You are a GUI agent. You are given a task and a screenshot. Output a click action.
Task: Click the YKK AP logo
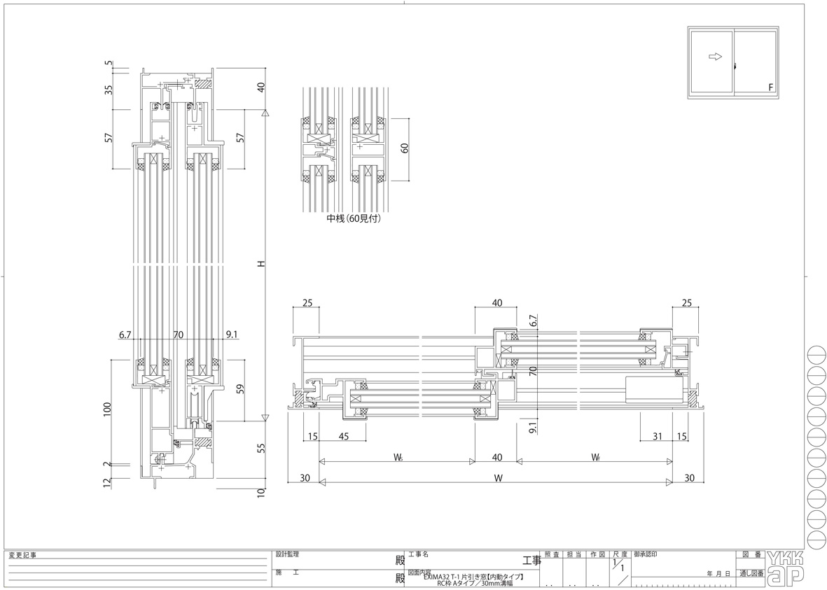(786, 567)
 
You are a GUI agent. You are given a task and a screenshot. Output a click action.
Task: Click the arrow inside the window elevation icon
(715, 57)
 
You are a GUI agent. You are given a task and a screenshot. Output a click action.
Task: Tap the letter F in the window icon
(770, 87)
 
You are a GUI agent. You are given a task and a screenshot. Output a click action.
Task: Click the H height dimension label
(260, 265)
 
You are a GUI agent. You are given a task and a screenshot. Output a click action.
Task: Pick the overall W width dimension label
(498, 479)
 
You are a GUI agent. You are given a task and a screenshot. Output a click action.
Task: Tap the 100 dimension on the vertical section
(108, 409)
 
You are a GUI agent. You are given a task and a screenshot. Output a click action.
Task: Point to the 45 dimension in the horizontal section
(343, 437)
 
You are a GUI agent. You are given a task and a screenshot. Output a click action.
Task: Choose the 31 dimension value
(657, 437)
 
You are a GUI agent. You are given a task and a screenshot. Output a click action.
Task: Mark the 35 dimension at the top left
(108, 90)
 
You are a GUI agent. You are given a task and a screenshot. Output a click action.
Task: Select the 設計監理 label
(287, 554)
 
